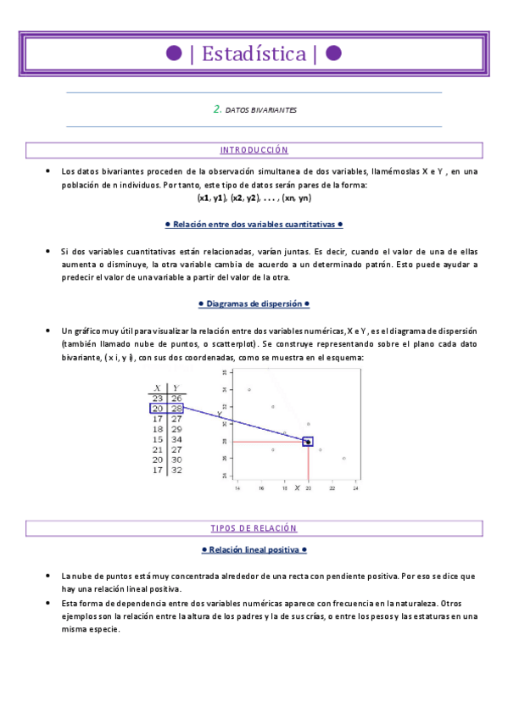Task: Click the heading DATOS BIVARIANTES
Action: tap(261, 110)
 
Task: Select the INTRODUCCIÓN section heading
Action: tap(254, 150)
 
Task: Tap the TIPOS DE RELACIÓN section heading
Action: tap(254, 528)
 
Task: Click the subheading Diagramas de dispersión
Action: tap(254, 303)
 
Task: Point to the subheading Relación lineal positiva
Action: tap(254, 549)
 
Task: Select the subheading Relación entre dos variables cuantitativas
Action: tap(254, 225)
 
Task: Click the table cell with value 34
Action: tap(176, 439)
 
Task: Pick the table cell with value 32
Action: tap(176, 469)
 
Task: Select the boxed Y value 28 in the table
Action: tap(176, 408)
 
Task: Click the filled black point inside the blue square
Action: tap(308, 442)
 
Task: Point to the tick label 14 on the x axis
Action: tap(237, 488)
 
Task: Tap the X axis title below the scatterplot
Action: tap(297, 488)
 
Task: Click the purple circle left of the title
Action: tap(174, 54)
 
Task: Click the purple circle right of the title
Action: tap(333, 54)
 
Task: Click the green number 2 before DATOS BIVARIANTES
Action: tap(217, 109)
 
